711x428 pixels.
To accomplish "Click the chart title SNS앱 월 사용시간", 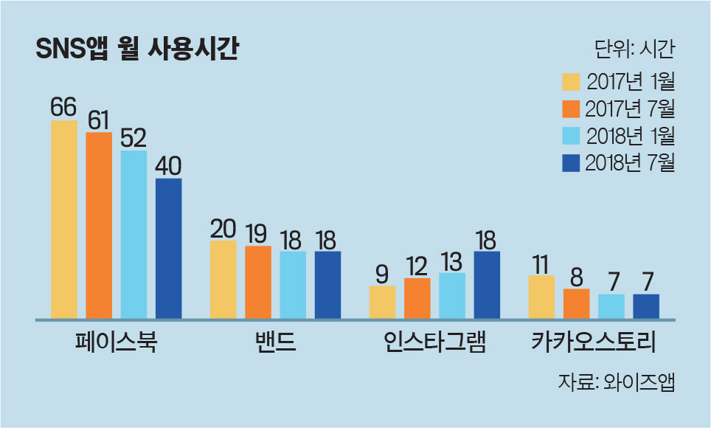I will (x=136, y=50).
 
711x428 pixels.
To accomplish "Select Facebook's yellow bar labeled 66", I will (x=64, y=219).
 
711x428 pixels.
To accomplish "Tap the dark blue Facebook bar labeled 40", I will (x=168, y=248).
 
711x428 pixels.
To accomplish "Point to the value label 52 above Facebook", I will (x=133, y=139).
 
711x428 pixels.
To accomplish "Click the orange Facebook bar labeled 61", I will (x=99, y=225).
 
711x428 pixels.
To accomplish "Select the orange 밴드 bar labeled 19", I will (x=258, y=282).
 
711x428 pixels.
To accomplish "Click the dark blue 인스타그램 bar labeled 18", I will (x=487, y=285).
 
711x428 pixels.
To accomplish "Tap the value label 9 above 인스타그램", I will (x=382, y=275).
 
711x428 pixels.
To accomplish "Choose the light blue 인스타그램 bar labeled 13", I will (x=452, y=295).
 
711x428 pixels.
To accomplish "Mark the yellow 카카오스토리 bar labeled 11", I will (x=541, y=297).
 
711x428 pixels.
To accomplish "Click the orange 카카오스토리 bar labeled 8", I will (x=576, y=303).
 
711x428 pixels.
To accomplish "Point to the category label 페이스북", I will (x=117, y=343).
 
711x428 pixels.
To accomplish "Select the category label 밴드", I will (x=275, y=343).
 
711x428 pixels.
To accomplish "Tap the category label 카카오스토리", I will (x=594, y=343).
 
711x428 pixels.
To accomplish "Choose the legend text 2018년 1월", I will (x=631, y=136).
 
